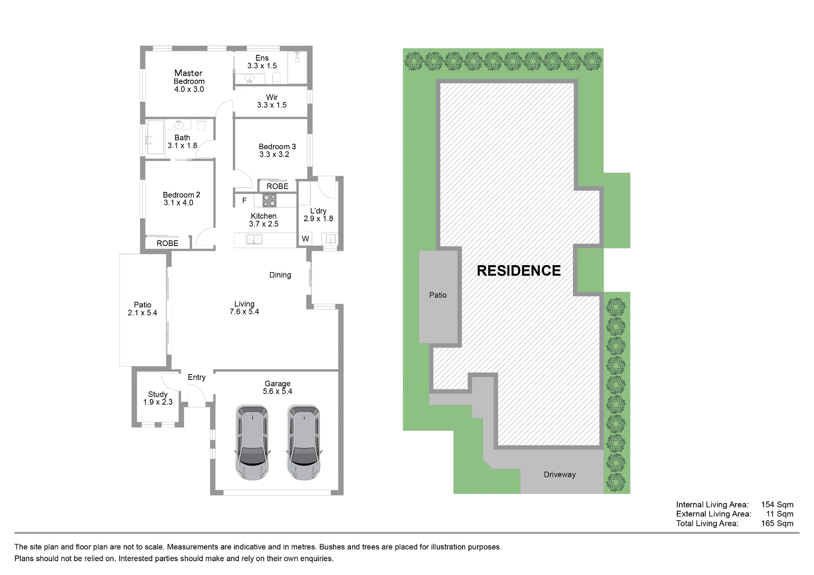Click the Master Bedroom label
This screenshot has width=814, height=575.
tap(189, 77)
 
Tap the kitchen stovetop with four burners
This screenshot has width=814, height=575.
tap(269, 200)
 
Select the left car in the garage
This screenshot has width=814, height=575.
tap(252, 442)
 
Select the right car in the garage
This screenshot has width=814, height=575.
tap(304, 442)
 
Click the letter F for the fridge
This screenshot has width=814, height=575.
tap(244, 200)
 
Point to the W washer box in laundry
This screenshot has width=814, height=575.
tap(305, 239)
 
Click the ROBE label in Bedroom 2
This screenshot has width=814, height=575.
tap(167, 243)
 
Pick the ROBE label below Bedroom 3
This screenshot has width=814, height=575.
tap(278, 186)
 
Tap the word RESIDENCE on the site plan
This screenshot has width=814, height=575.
tap(519, 271)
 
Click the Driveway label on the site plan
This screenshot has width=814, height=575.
tap(560, 475)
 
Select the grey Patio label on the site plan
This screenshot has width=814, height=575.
tap(438, 295)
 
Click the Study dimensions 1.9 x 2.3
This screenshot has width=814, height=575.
tap(158, 402)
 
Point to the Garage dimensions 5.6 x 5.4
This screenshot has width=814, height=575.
tap(278, 391)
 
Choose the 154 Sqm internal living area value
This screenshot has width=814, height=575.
tap(777, 505)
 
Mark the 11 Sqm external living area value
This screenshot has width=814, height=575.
tap(780, 514)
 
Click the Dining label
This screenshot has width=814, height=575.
tap(280, 275)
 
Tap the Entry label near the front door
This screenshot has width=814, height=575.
tap(197, 377)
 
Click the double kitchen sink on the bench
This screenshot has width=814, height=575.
tap(254, 240)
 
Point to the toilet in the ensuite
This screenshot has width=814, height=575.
tap(276, 77)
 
